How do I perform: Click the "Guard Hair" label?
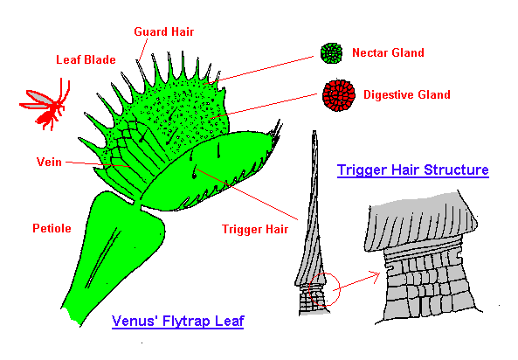click(164, 31)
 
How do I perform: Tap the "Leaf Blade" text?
click(86, 59)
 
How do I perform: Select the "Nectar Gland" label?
click(388, 52)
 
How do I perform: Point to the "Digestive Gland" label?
click(407, 95)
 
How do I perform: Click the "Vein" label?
click(49, 162)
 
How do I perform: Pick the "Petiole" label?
click(52, 228)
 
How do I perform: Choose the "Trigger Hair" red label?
click(255, 230)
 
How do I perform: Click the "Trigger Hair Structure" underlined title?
click(413, 170)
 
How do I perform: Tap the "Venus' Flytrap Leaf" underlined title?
click(177, 322)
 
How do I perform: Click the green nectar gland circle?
click(331, 53)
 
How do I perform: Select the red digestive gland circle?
click(339, 95)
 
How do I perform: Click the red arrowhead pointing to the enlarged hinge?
click(376, 276)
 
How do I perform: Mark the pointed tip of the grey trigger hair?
click(314, 132)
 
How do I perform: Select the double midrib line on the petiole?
click(103, 257)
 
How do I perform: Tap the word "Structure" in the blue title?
click(456, 170)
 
